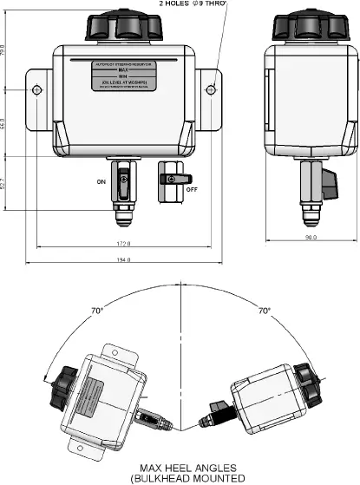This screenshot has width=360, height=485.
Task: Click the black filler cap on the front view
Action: click(x=124, y=25)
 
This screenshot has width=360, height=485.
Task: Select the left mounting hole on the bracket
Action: click(x=36, y=89)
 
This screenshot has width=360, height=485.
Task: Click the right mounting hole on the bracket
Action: click(x=211, y=89)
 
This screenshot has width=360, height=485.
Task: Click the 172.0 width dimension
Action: click(x=123, y=243)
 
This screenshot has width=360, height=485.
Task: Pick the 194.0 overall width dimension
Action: click(x=123, y=259)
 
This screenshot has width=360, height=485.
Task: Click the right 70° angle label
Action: click(x=264, y=310)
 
